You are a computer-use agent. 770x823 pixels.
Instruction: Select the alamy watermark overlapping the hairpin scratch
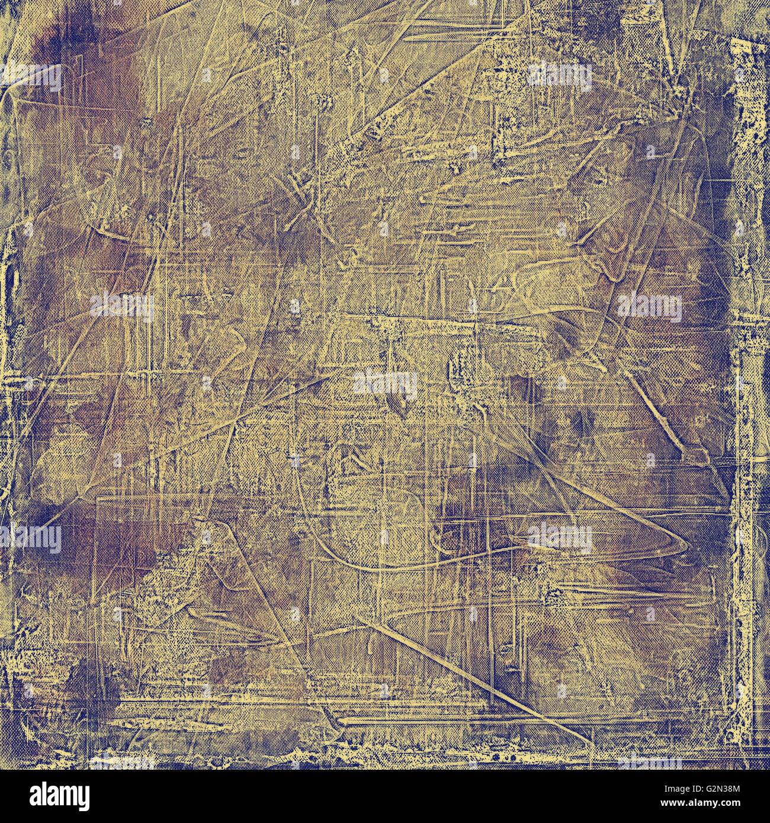560,538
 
